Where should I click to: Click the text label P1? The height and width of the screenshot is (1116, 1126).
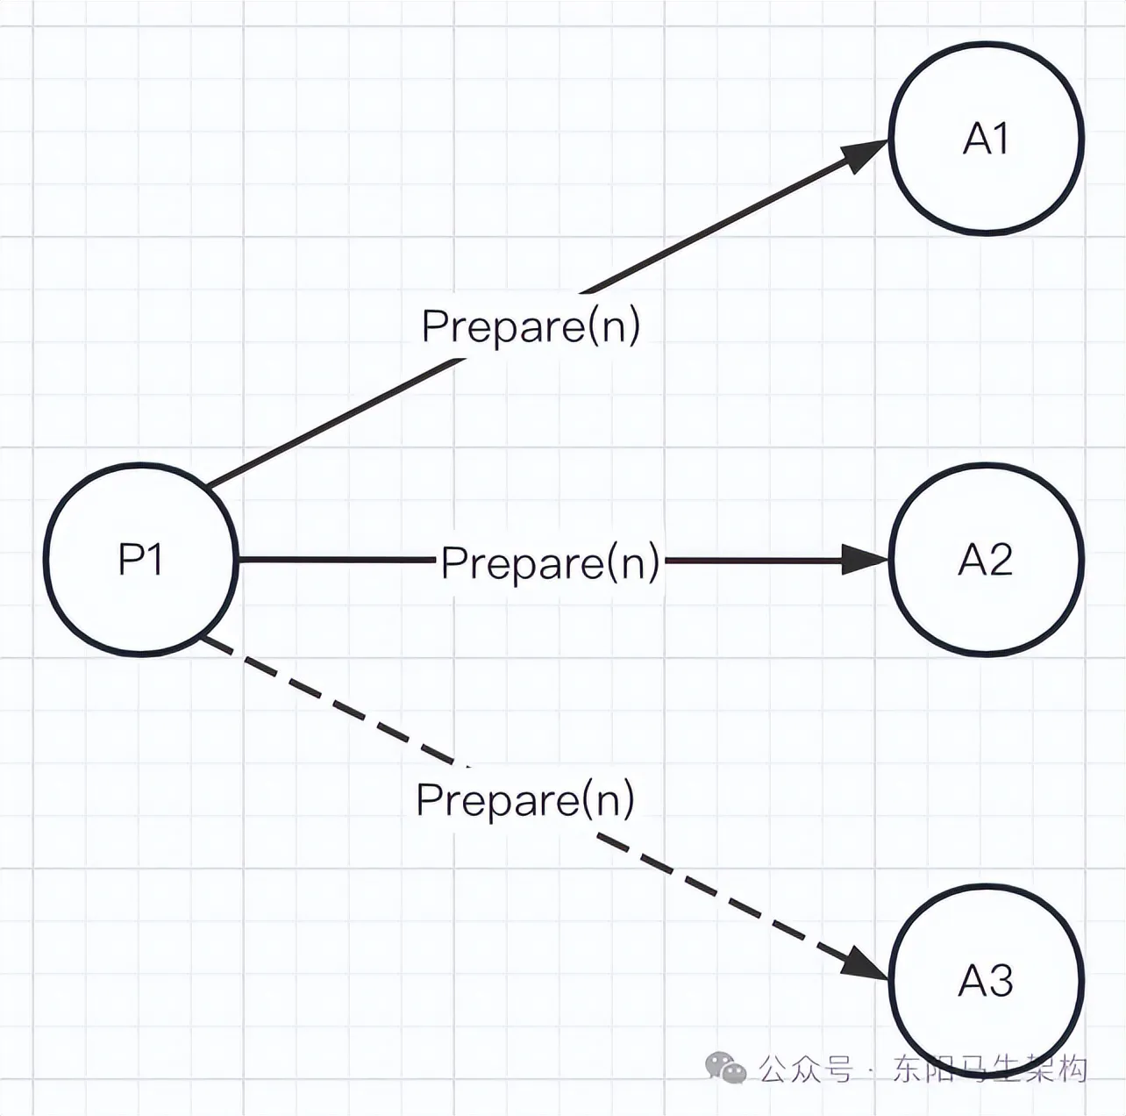(x=140, y=559)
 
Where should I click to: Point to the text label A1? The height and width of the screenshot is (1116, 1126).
(x=987, y=139)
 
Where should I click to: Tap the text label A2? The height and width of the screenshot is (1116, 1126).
(x=986, y=560)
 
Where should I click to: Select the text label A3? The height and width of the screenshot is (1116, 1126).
(x=986, y=980)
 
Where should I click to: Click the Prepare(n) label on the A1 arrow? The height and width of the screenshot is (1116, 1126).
(x=531, y=326)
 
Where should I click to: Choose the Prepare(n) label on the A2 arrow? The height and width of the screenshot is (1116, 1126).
(x=550, y=562)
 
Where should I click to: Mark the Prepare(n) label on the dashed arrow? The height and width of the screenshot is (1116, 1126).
(x=525, y=799)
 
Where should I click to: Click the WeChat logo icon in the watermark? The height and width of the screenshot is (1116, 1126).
(x=726, y=1069)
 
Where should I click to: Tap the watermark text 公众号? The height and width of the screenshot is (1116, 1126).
(x=805, y=1069)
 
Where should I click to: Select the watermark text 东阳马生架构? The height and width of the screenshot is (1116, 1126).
(x=990, y=1069)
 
